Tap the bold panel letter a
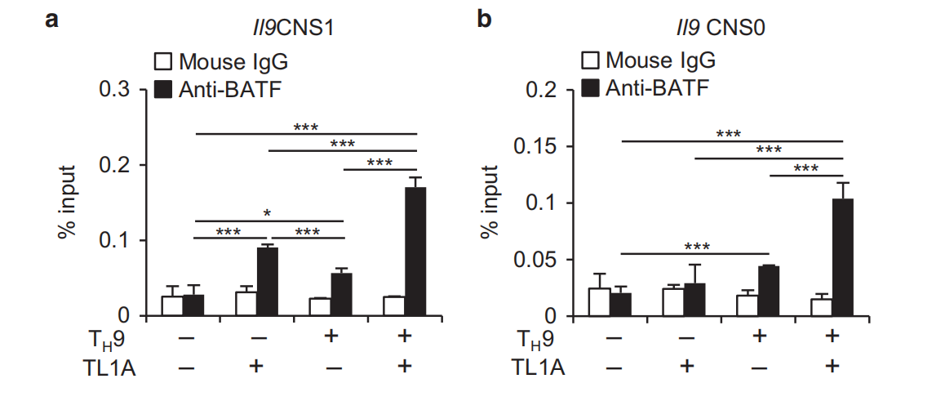51,20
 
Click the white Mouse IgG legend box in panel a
162,61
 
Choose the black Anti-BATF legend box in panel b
588,87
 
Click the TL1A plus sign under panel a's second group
257,367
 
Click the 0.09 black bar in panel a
268,281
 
